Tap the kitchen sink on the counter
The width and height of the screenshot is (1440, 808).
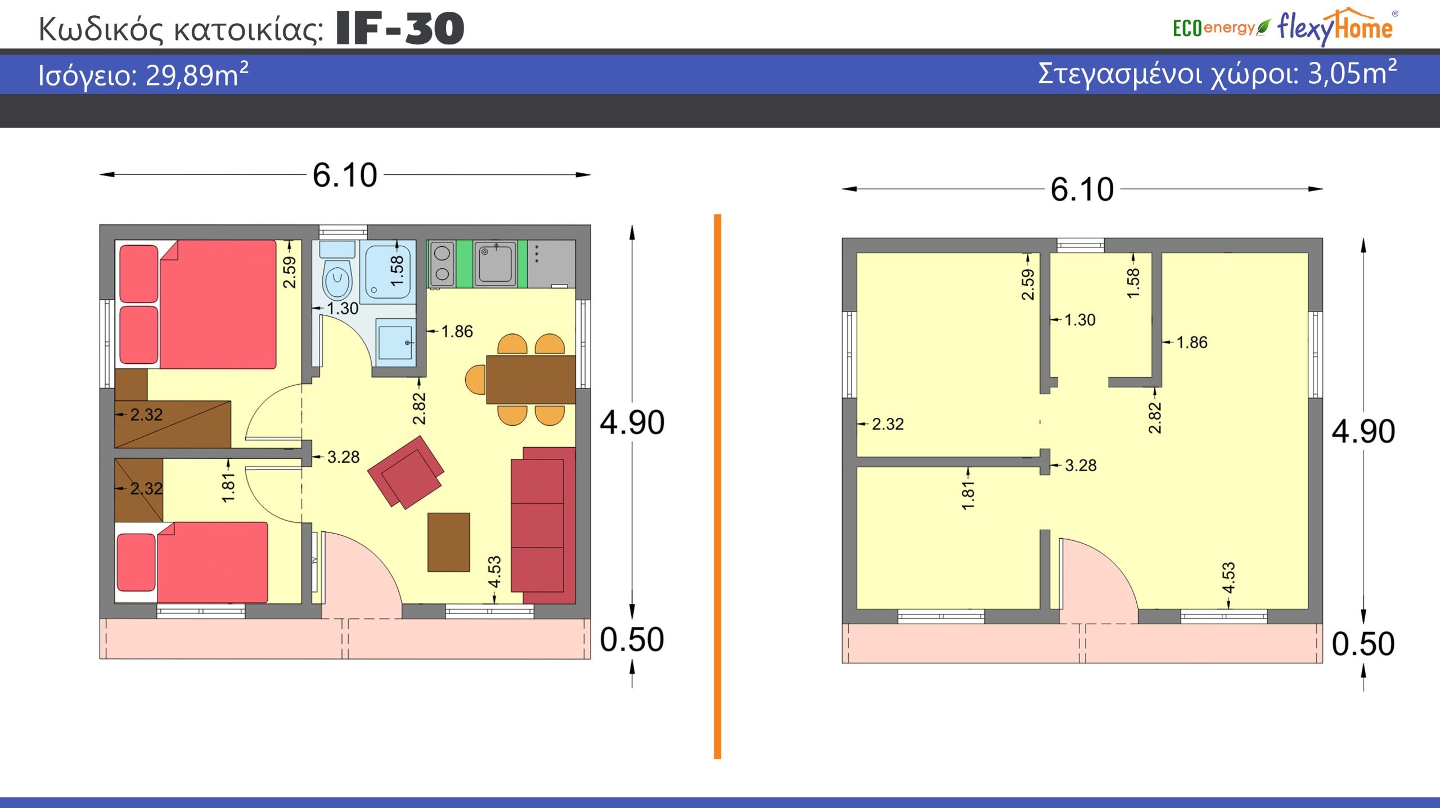[x=495, y=263]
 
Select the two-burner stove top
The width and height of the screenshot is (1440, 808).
[x=442, y=263]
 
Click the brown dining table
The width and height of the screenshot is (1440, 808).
[x=530, y=380]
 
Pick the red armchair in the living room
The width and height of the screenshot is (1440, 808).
[x=406, y=472]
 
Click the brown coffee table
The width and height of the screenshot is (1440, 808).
[x=448, y=542]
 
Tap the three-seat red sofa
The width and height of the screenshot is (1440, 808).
[x=543, y=525]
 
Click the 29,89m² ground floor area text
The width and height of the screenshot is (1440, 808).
[x=197, y=75]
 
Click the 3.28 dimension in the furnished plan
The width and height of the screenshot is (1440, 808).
[x=343, y=457]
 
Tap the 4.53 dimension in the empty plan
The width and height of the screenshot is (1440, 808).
[x=1228, y=577]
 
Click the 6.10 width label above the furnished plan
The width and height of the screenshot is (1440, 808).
[x=345, y=175]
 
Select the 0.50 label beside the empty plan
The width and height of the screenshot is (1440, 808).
[x=1363, y=644]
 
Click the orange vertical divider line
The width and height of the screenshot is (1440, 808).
[x=717, y=486]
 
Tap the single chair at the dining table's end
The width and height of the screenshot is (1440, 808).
[x=475, y=380]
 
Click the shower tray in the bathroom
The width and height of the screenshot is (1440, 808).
[x=388, y=270]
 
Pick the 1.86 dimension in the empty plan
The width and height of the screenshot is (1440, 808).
[x=1192, y=342]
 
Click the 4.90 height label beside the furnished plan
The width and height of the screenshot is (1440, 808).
[x=632, y=422]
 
